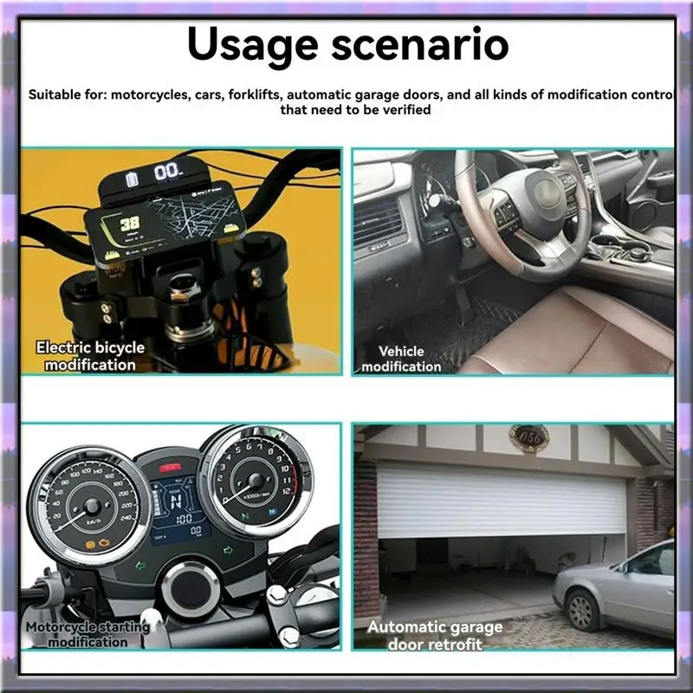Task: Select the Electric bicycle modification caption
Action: point(90,355)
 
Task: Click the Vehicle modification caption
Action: point(401,359)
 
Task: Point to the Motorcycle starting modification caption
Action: point(87,633)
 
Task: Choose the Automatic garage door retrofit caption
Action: point(435,635)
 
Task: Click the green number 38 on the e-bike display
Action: point(131,223)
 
